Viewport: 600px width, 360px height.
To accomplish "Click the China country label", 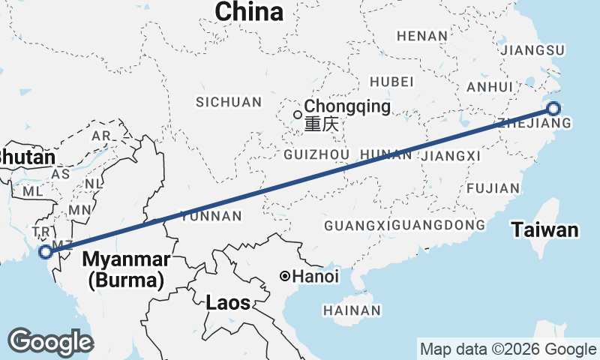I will tap(249, 12).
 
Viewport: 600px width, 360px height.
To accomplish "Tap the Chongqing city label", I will tap(346, 106).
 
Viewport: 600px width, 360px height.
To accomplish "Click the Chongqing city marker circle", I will tap(298, 115).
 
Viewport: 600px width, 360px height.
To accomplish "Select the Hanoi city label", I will tap(315, 277).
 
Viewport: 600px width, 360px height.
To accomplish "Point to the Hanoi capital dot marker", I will tap(284, 277).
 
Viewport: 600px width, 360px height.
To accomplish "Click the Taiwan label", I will tap(545, 230).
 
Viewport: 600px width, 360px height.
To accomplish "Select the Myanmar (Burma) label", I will tap(126, 270).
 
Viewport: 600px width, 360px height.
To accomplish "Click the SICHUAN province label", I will tap(229, 102).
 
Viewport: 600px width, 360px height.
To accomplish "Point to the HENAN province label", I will tap(422, 35).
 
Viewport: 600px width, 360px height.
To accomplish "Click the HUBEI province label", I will tap(392, 81).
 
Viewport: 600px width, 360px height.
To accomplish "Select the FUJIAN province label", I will tap(493, 188).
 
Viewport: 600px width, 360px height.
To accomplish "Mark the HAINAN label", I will tap(352, 310).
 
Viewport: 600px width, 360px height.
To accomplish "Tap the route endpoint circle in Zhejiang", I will tap(553, 109).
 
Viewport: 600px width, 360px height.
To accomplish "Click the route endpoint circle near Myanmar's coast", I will tap(46, 252).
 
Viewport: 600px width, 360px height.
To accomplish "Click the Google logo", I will tap(50, 342).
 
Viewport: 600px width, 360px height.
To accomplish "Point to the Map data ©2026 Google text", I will tap(507, 349).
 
